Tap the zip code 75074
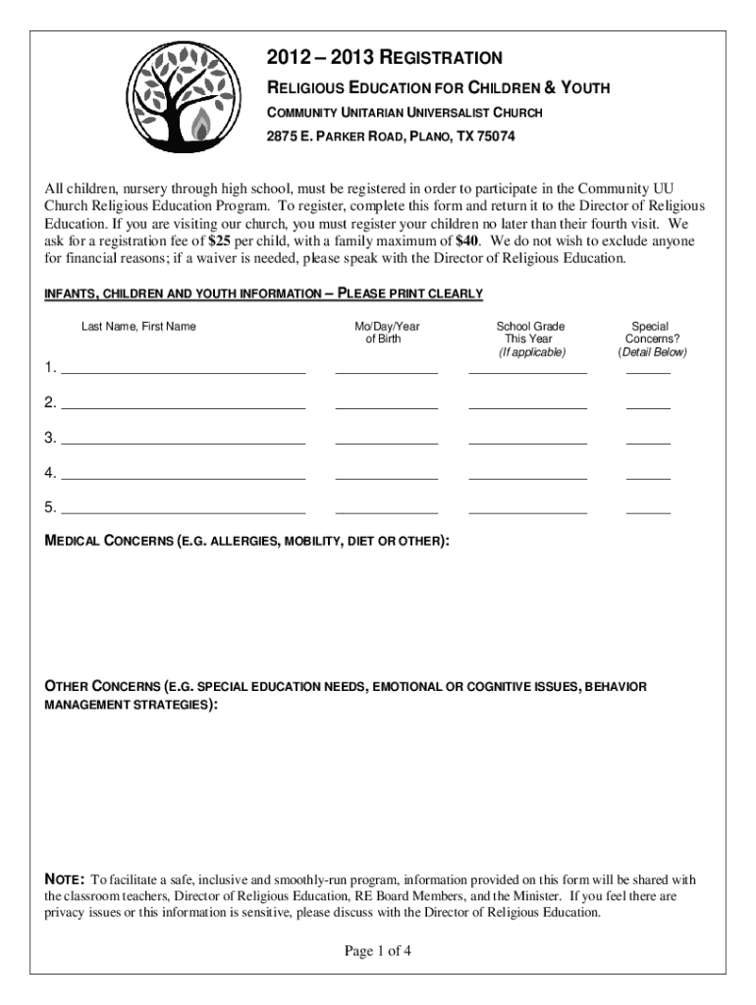click(x=492, y=137)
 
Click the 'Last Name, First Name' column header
click(x=138, y=326)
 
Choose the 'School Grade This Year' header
click(x=530, y=333)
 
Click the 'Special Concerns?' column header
click(x=650, y=333)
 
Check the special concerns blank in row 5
click(x=648, y=511)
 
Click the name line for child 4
click(x=183, y=477)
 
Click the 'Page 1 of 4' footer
click(x=377, y=950)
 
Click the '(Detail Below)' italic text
click(x=652, y=352)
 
